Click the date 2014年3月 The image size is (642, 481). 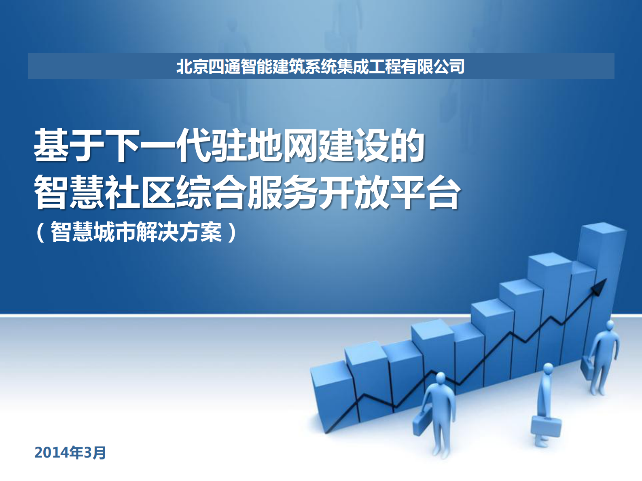70,452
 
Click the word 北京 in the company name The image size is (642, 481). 192,66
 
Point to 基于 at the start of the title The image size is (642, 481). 69,146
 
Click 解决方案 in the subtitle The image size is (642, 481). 178,232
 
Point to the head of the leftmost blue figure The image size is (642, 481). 440,378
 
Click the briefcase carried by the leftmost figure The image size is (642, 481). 421,422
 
